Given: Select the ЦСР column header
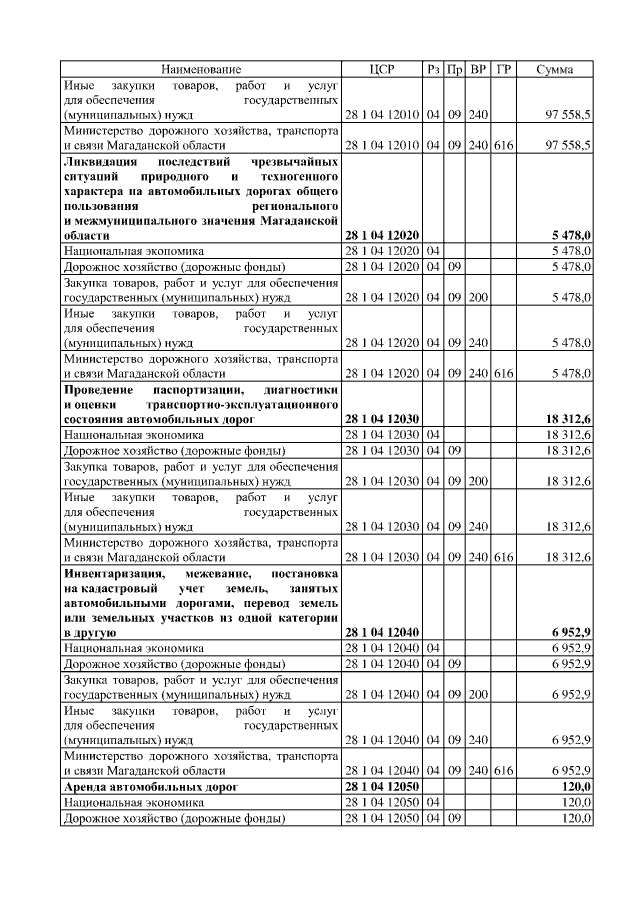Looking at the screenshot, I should pyautogui.click(x=382, y=69).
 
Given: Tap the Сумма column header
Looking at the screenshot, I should pyautogui.click(x=555, y=69).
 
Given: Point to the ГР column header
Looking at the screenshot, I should pyautogui.click(x=504, y=69).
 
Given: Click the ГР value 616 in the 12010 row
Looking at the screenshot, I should pyautogui.click(x=504, y=146).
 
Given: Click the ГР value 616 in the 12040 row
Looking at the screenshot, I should pyautogui.click(x=504, y=771).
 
